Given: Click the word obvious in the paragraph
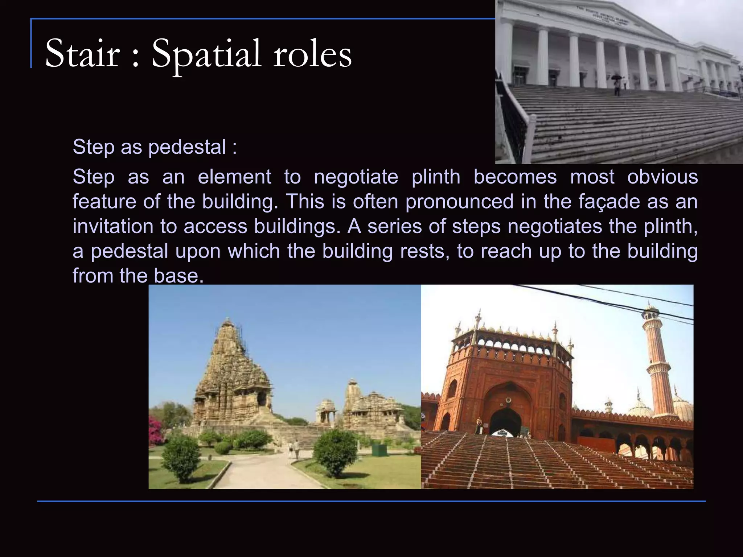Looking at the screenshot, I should click(662, 177).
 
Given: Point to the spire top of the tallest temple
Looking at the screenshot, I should click(228, 323).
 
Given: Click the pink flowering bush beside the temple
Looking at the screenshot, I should click(156, 430).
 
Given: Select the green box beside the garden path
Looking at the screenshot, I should click(379, 450).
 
